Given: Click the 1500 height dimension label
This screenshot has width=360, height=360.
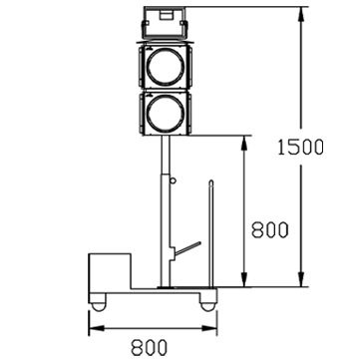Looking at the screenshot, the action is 300,147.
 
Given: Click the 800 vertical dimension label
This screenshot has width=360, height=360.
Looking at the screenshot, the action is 270,229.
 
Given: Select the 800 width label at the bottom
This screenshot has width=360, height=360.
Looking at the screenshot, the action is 149,348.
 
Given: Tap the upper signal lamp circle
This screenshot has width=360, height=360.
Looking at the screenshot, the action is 166,66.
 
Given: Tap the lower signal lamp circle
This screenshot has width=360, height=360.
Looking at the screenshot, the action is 166,113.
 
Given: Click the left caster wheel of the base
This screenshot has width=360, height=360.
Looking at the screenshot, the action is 99,306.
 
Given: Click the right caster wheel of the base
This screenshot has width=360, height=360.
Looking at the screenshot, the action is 207,306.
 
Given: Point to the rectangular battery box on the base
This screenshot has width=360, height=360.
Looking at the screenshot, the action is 110,271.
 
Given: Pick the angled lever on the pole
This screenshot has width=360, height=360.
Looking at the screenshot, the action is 187,248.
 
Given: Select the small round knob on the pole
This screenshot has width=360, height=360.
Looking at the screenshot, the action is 173,180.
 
